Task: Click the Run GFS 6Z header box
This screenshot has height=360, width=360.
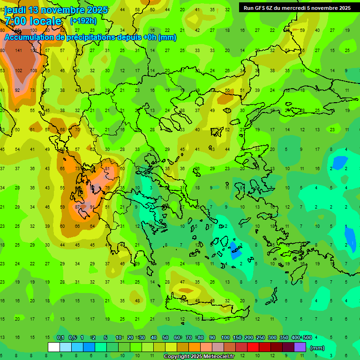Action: point(297,8)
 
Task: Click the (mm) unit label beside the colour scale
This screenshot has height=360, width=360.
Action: point(317,348)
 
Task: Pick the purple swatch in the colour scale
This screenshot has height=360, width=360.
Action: point(300,347)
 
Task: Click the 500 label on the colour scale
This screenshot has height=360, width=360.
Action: point(307,337)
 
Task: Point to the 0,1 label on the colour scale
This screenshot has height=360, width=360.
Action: point(60,337)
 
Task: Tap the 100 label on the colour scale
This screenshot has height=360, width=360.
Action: point(225,337)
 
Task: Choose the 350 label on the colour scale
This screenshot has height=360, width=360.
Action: point(284,337)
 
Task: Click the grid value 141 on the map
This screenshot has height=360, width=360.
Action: point(19,51)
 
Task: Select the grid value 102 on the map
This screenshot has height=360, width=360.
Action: point(19,71)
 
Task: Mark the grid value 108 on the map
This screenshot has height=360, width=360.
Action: point(34,71)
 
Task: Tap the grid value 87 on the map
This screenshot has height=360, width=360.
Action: point(77,207)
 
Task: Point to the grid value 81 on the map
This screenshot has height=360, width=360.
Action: point(107,169)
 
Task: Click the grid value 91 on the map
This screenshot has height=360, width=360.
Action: point(92,207)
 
